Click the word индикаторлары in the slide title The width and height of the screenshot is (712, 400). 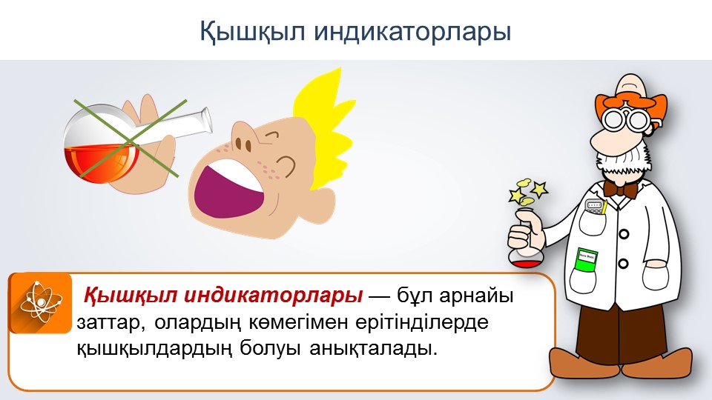point(412,31)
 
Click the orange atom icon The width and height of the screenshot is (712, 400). point(40,303)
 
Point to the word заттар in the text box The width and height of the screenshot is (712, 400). point(111,323)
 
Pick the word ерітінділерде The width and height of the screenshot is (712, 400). point(422,322)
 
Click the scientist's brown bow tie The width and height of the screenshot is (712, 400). point(622,188)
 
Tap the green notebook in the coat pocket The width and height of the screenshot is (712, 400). point(586,260)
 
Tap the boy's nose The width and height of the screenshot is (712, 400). point(242,141)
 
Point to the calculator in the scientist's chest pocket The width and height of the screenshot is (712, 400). point(596,207)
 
